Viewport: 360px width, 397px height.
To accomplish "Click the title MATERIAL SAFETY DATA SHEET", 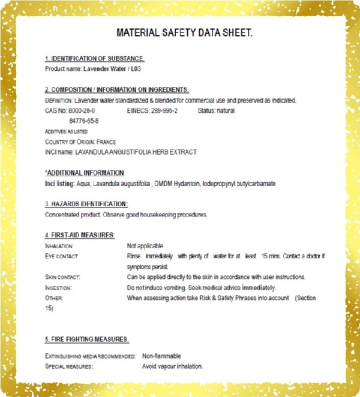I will click(184, 32).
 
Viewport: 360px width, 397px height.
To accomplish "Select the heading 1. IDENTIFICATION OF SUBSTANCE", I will click(95, 59).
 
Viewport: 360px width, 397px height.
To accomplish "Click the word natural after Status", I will click(224, 111).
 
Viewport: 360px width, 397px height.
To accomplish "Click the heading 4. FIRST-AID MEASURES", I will click(80, 235).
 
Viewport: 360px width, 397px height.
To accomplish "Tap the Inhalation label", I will click(59, 246).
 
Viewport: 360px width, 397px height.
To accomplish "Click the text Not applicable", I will click(145, 246).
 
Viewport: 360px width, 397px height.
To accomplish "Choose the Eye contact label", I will click(62, 256).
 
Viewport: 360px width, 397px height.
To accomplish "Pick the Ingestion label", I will click(58, 288).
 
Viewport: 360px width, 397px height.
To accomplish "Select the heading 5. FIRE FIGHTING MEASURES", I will click(87, 339).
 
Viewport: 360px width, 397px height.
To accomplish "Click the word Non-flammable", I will click(161, 356).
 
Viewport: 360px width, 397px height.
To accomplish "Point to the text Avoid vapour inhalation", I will click(172, 366).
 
